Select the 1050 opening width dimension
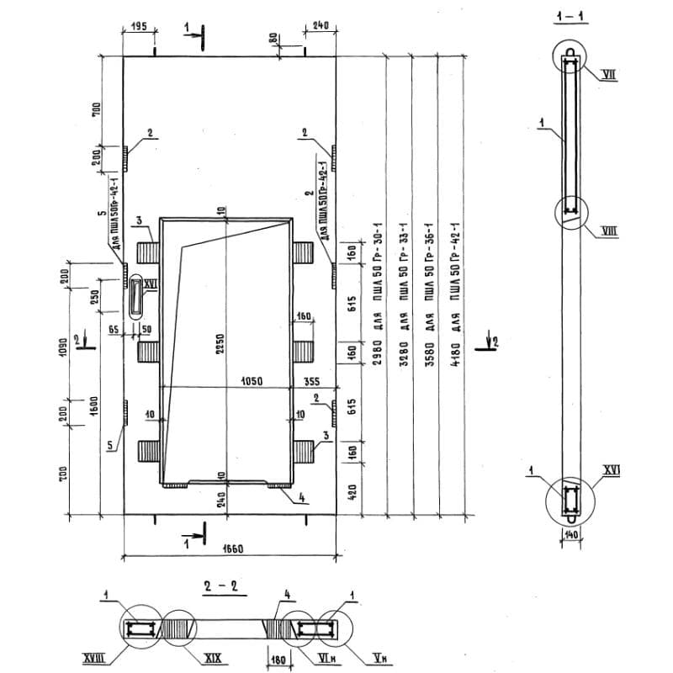[252, 381]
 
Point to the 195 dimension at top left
[139, 27]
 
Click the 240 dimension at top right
[321, 26]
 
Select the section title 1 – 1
[570, 17]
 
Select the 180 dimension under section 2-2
[278, 659]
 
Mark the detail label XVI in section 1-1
[611, 471]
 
